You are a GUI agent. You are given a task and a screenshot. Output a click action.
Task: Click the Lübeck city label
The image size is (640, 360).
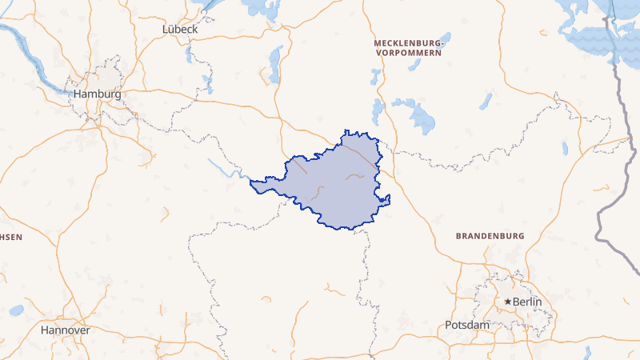click(x=180, y=29)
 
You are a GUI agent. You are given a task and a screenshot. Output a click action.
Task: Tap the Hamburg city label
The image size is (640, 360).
click(x=97, y=94)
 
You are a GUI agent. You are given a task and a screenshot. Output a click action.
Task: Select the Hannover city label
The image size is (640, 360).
click(x=65, y=330)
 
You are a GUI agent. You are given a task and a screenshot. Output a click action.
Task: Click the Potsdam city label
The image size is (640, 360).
click(x=466, y=325)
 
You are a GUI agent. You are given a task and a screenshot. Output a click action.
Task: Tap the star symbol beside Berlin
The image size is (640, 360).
click(x=507, y=302)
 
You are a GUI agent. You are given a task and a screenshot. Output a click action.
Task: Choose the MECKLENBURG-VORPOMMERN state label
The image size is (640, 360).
click(x=408, y=46)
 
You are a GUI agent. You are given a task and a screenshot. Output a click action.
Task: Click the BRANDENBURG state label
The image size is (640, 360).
click(x=490, y=236)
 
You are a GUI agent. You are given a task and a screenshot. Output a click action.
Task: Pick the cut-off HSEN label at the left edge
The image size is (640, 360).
click(x=11, y=237)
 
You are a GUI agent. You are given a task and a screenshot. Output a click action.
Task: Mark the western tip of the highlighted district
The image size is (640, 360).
click(x=252, y=183)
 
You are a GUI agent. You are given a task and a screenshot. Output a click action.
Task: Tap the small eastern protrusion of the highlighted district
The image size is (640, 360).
click(x=387, y=198)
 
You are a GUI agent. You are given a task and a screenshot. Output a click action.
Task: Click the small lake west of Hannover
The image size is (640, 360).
click(x=16, y=310)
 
